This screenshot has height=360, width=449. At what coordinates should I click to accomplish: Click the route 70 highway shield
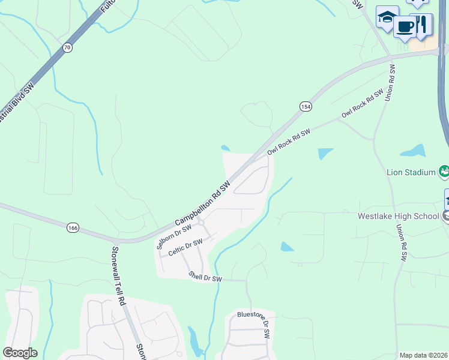coord(67,47)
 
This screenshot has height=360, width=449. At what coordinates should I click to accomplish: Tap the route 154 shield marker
coord(306,106)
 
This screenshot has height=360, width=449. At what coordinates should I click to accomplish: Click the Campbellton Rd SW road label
coord(203,204)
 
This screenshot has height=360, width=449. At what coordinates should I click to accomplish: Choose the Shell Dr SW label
coord(205,277)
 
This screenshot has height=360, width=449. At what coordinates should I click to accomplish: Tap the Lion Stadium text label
coord(411,172)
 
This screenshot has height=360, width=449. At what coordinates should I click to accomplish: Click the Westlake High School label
coord(399,216)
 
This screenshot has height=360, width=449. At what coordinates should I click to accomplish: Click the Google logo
coord(20,353)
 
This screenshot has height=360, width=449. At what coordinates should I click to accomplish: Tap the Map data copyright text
coord(423,355)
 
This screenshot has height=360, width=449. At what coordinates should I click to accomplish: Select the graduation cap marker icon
coord(387,17)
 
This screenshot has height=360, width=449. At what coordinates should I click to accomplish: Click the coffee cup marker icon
coord(405,26)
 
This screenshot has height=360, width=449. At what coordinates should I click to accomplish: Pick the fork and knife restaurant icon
coord(422,23)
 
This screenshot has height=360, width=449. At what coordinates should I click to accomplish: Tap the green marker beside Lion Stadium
coord(444,172)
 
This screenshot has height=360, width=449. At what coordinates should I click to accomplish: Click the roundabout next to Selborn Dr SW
coord(200,223)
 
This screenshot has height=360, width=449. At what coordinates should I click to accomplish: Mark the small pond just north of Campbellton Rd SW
coord(225,148)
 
